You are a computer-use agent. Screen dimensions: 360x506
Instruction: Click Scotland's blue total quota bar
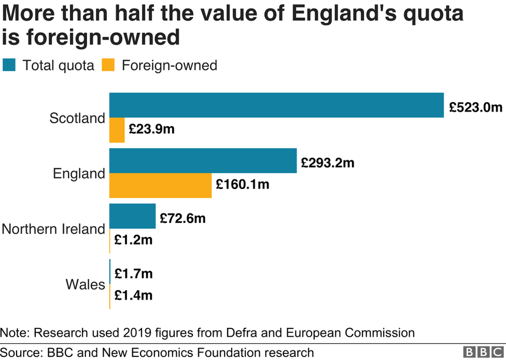click(276, 105)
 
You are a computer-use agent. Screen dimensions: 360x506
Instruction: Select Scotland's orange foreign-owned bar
click(117, 130)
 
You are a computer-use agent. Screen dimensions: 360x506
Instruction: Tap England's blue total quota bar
click(203, 161)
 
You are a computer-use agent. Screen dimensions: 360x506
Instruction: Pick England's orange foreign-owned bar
click(160, 185)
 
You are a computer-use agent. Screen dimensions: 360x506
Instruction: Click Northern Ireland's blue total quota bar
click(132, 216)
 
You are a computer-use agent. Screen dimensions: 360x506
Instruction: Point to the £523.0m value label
click(475, 107)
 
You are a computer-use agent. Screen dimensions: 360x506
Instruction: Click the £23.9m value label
click(151, 129)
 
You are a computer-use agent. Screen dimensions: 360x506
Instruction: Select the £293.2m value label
click(328, 163)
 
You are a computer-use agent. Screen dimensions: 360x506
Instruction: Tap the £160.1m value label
click(243, 184)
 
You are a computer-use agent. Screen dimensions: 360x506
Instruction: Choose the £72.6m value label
click(182, 218)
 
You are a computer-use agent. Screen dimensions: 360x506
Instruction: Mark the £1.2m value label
click(133, 240)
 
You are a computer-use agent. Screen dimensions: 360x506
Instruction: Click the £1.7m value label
click(133, 273)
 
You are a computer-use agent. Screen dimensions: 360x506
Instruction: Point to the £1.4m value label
click(133, 295)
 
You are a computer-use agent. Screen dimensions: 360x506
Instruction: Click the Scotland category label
click(77, 118)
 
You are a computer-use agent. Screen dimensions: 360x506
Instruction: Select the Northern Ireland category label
click(53, 229)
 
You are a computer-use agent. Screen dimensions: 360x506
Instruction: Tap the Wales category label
click(85, 284)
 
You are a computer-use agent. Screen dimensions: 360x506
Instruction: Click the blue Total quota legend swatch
click(10, 65)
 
